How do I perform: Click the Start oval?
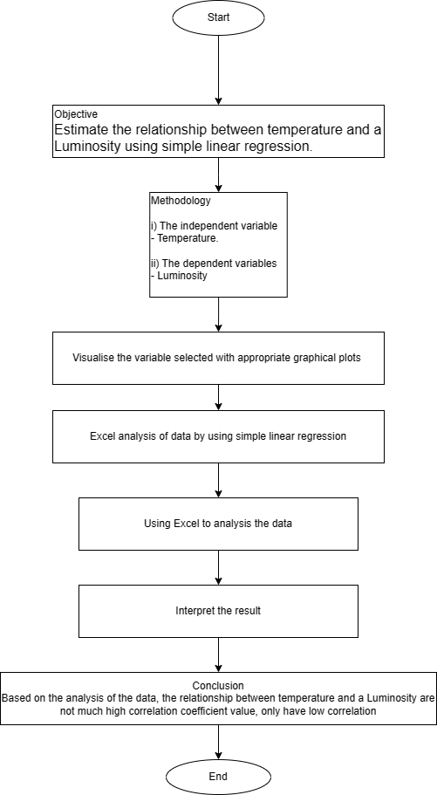218,17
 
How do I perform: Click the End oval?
218,776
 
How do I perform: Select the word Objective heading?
77,114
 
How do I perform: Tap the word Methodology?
181,201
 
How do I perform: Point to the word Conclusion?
218,686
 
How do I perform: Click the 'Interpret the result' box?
218,611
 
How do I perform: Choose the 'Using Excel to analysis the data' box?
218,524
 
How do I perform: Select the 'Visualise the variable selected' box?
218,358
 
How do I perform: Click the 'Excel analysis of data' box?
218,436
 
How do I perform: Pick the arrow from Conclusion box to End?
218,740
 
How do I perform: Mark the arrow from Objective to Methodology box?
218,175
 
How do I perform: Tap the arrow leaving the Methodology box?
218,314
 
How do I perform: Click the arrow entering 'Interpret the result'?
218,567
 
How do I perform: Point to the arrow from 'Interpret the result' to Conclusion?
218,655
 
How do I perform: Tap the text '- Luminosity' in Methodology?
182,275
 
